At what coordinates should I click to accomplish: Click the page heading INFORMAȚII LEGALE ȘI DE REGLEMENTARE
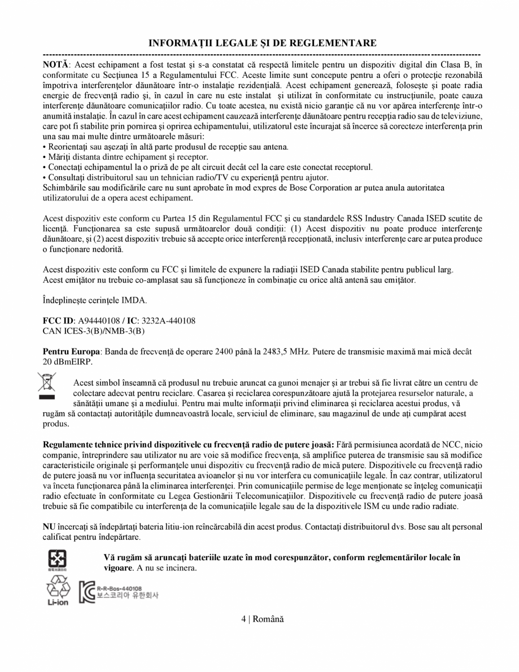point(262,43)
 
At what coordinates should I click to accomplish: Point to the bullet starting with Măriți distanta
point(126,157)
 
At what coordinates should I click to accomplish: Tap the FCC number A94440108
point(98,321)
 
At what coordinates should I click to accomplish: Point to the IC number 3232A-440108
point(170,321)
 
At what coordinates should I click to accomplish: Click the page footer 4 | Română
point(262,619)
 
